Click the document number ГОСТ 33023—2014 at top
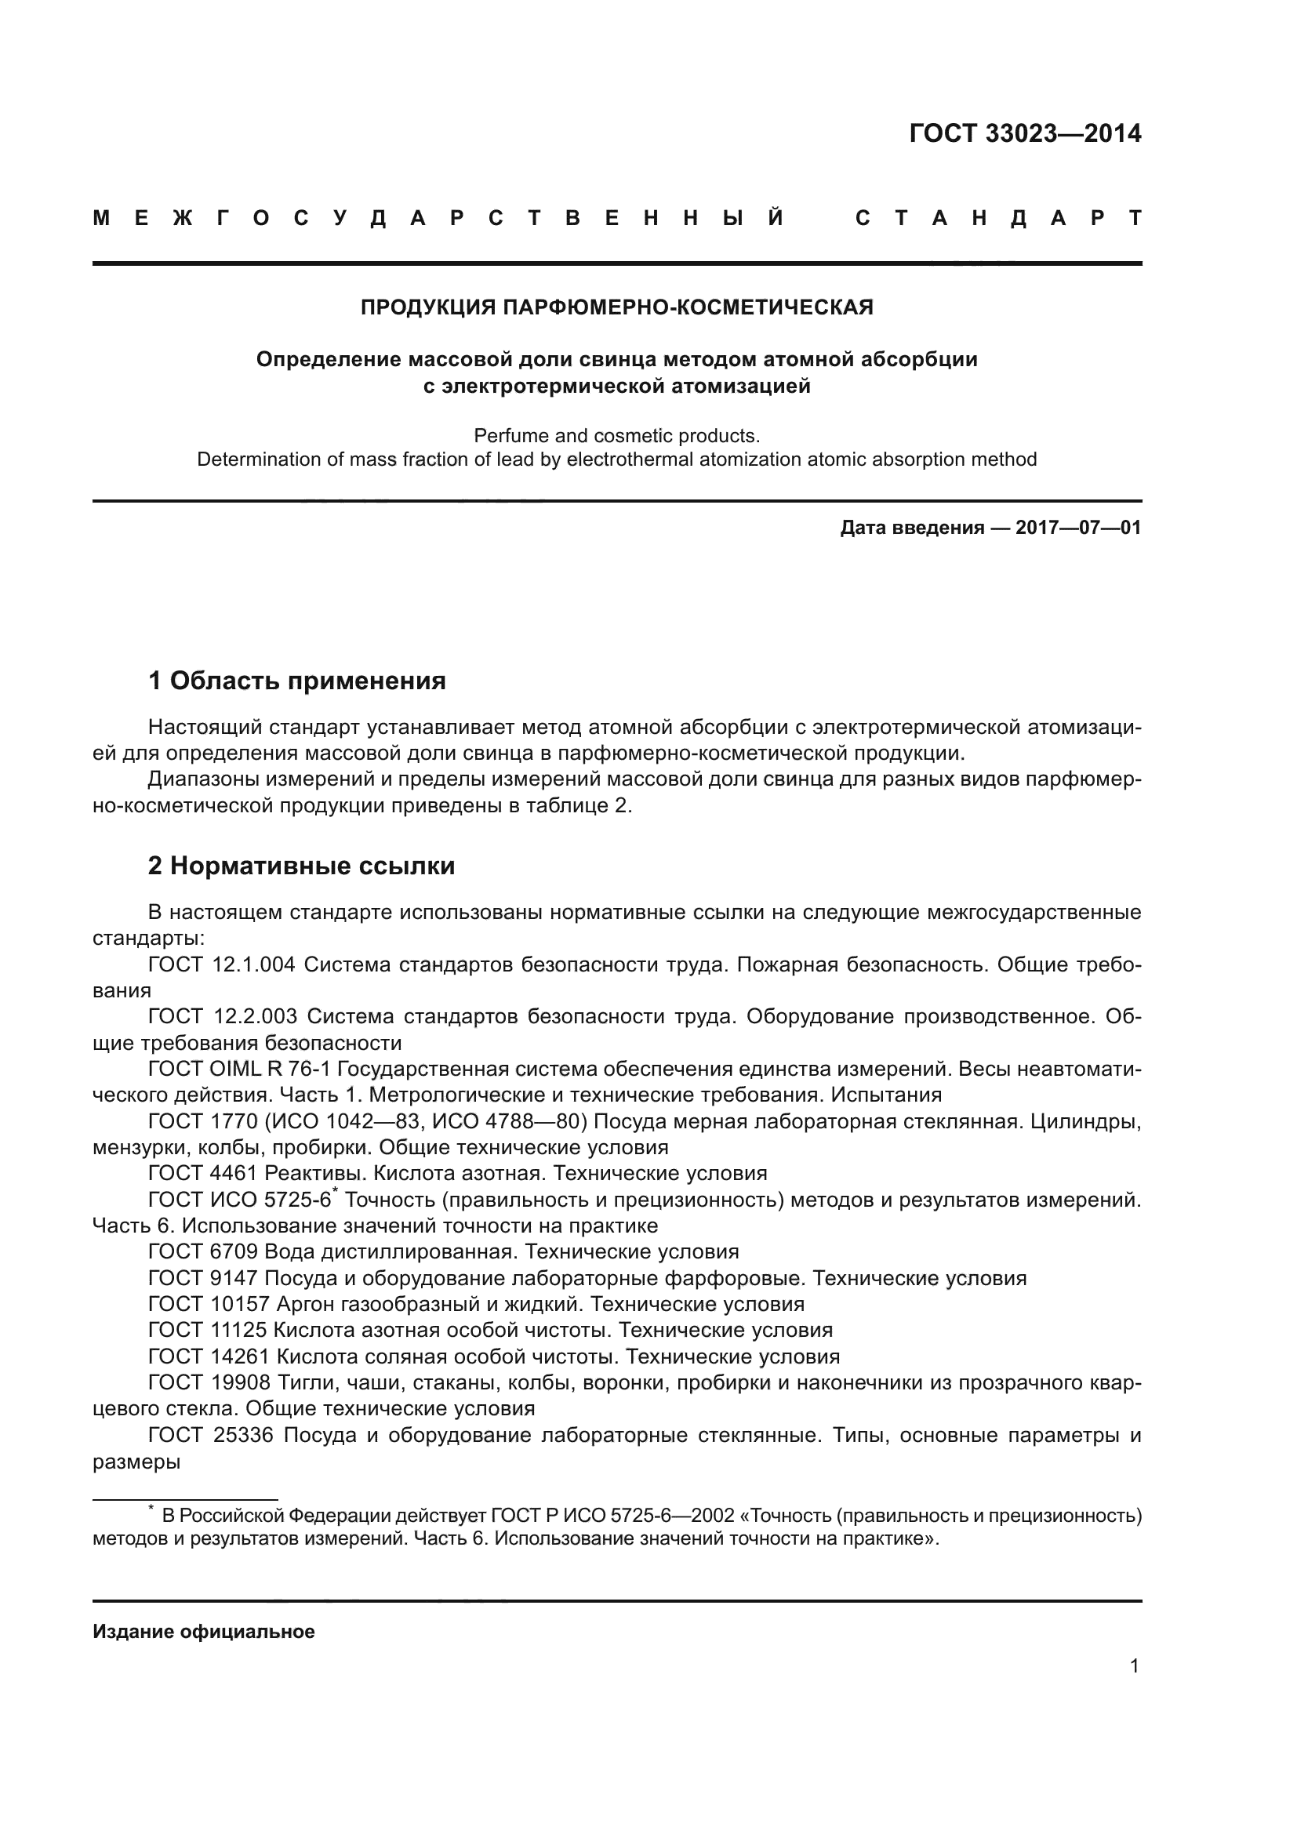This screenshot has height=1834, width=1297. (1025, 133)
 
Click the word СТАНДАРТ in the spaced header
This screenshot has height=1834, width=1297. (998, 218)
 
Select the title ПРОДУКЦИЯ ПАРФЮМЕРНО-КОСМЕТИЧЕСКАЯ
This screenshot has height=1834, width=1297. (616, 307)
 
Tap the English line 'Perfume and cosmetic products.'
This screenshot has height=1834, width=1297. (616, 436)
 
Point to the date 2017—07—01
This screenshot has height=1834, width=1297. (1078, 528)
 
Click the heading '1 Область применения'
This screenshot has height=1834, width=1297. (296, 681)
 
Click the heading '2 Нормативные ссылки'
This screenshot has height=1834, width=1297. (301, 866)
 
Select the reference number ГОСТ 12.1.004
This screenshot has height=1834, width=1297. (221, 965)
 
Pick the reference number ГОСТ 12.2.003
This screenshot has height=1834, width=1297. (222, 1017)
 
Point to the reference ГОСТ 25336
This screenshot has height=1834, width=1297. (211, 1436)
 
